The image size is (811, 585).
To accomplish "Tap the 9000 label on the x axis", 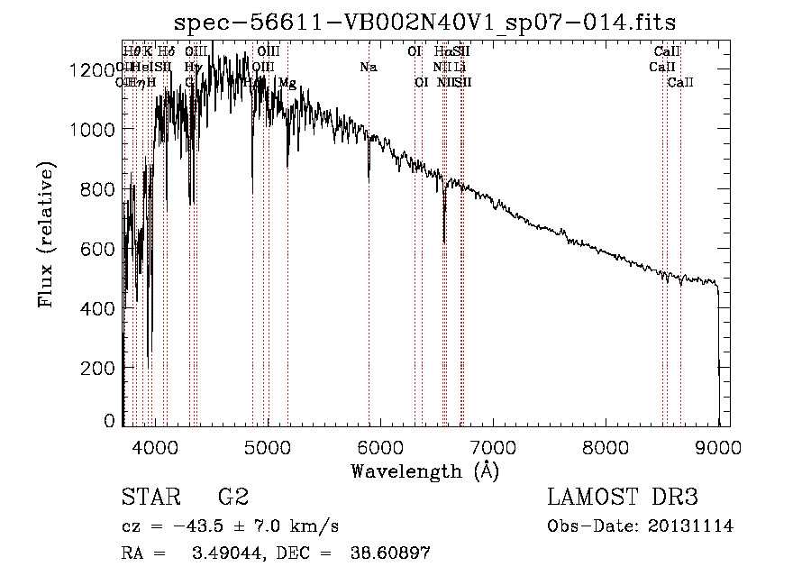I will [719, 446].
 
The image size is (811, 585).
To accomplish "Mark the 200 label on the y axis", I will [102, 368].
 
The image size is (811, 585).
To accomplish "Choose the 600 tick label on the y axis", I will [102, 249].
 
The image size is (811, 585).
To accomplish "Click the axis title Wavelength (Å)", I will [424, 470].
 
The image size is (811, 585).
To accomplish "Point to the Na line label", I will [368, 68].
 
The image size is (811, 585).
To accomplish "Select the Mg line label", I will [287, 83].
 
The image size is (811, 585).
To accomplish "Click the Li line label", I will [460, 68].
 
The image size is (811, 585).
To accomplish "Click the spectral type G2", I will [233, 497].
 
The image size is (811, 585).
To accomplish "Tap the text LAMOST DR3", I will [623, 497].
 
